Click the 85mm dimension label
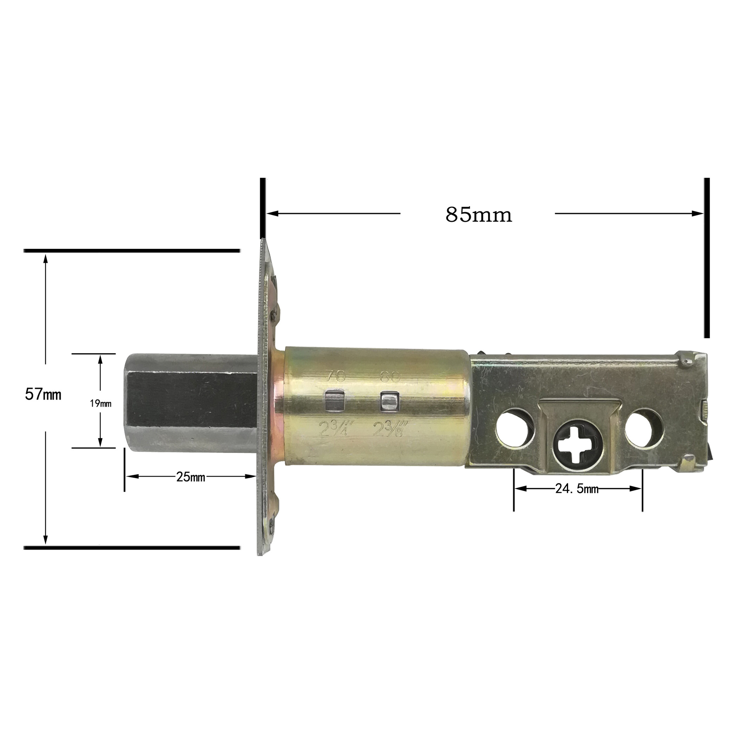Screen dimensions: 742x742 pos(478,214)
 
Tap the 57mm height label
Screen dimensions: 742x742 pos(43,395)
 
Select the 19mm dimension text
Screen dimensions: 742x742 pos(100,404)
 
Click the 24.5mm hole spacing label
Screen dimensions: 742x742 pos(577,489)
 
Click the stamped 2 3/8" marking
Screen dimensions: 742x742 pos(389,428)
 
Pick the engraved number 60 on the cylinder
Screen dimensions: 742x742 pos(389,377)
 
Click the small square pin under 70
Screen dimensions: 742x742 pos(335,400)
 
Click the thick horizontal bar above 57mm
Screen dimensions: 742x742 pos(131,251)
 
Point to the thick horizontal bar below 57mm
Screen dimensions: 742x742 pos(131,547)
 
